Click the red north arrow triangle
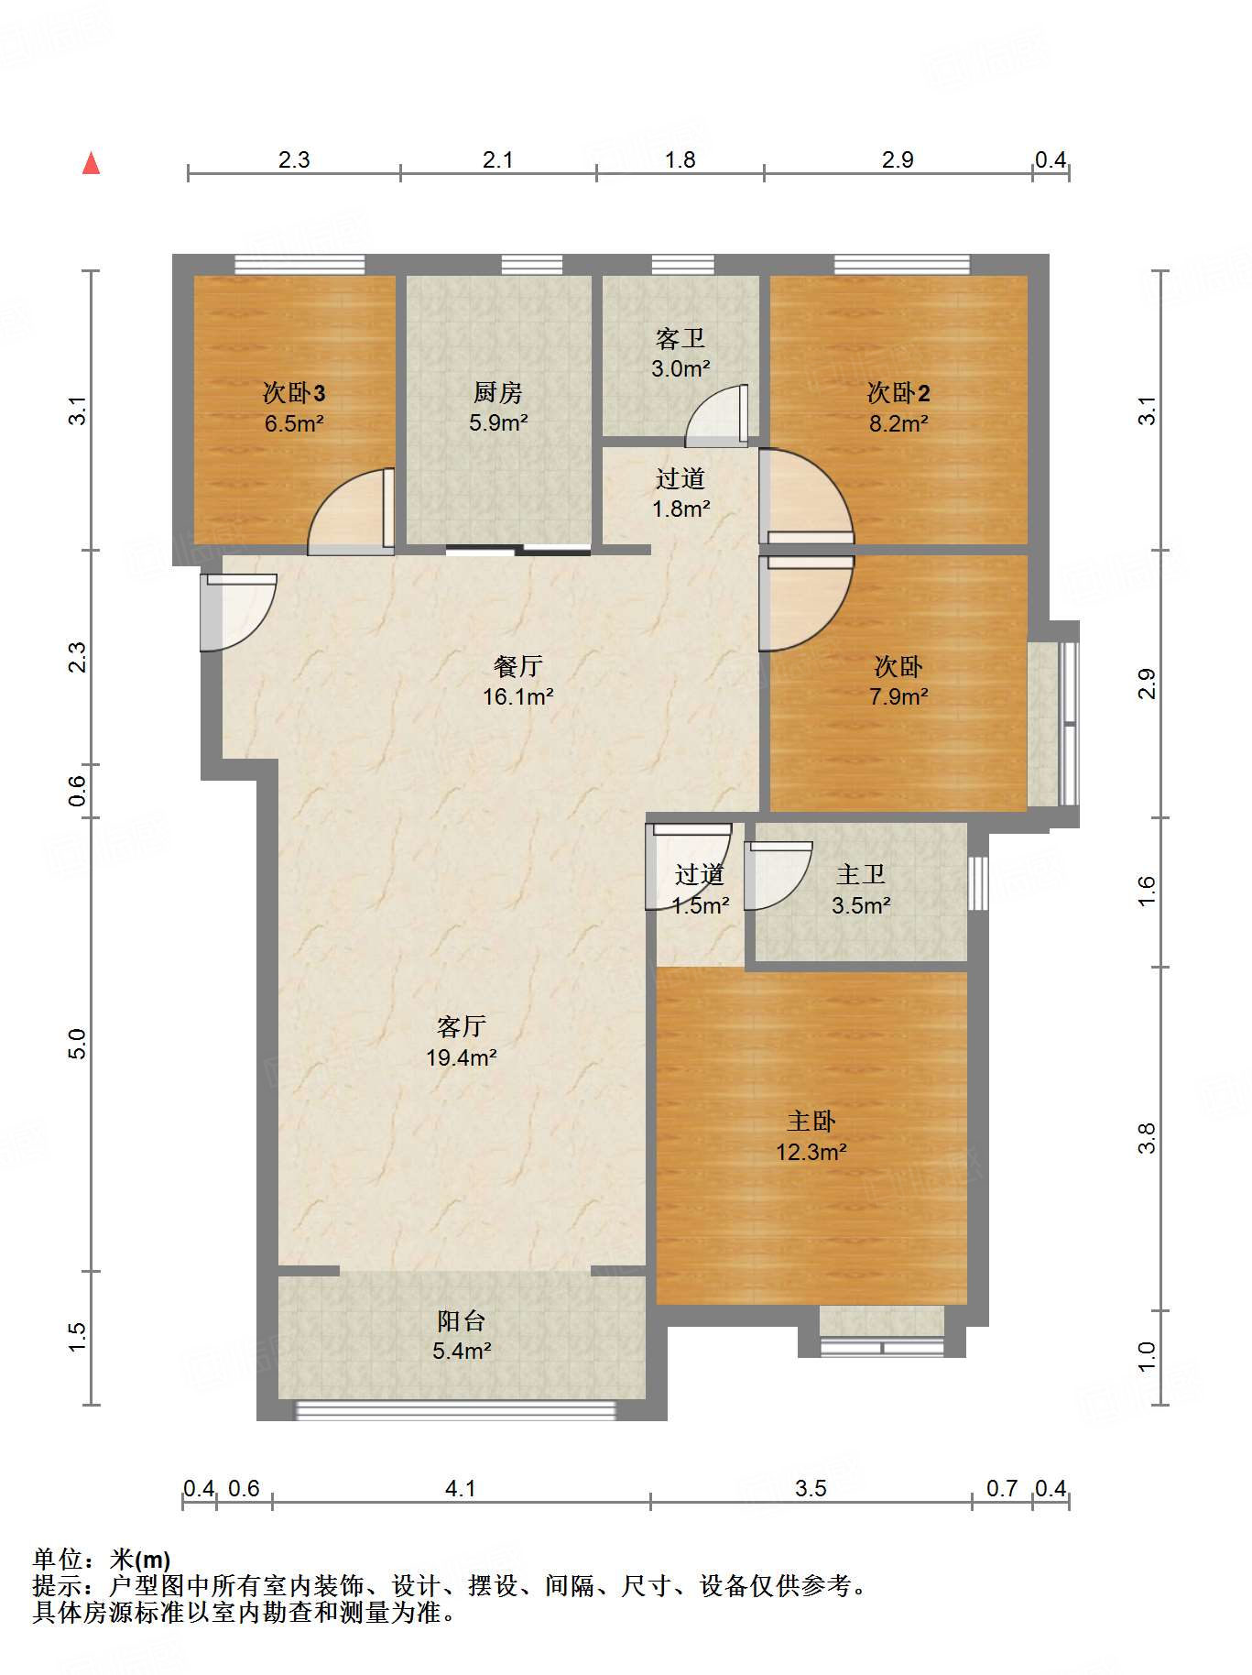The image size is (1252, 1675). [91, 163]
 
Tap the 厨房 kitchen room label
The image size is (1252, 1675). [498, 393]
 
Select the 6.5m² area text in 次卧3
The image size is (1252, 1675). [294, 423]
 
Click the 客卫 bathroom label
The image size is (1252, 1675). [680, 339]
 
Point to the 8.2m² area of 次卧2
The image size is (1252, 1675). [898, 423]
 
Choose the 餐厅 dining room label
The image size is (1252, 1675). [517, 666]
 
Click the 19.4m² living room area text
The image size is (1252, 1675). [462, 1057]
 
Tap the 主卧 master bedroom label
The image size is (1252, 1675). [811, 1122]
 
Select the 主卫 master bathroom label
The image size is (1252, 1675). [861, 875]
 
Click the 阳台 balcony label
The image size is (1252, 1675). [462, 1321]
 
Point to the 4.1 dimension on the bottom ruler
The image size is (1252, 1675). [461, 1488]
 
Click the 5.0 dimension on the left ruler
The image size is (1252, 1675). [77, 1044]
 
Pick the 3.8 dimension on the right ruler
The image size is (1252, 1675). [1147, 1138]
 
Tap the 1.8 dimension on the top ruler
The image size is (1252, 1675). [680, 159]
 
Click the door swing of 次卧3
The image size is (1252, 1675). [351, 511]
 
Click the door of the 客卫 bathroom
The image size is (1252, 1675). [717, 416]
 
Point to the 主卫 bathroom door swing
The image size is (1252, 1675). [778, 876]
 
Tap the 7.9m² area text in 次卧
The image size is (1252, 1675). [898, 696]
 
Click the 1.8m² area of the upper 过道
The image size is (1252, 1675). [681, 509]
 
